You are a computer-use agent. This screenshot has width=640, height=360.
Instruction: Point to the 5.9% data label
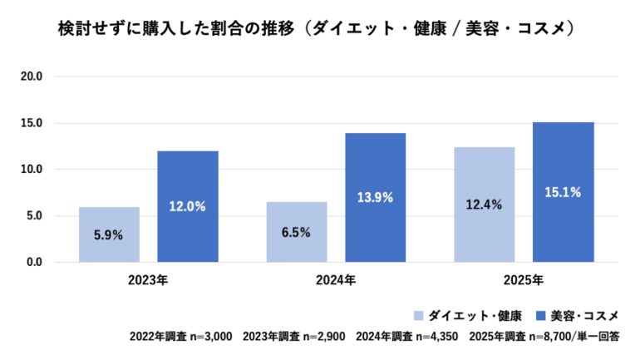point(109,234)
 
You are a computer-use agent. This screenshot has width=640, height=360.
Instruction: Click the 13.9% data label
point(376,198)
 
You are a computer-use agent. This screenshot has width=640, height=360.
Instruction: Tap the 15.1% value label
point(564,192)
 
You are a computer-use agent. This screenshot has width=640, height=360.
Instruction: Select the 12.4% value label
point(485,205)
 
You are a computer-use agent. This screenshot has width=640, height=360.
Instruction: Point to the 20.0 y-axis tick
point(32,76)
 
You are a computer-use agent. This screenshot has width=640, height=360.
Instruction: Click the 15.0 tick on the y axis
point(32,123)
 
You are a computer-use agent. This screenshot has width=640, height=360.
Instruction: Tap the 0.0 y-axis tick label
point(35,263)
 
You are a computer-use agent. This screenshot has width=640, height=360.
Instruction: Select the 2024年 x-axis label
point(336,279)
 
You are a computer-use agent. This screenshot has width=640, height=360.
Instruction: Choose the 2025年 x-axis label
point(524,279)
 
